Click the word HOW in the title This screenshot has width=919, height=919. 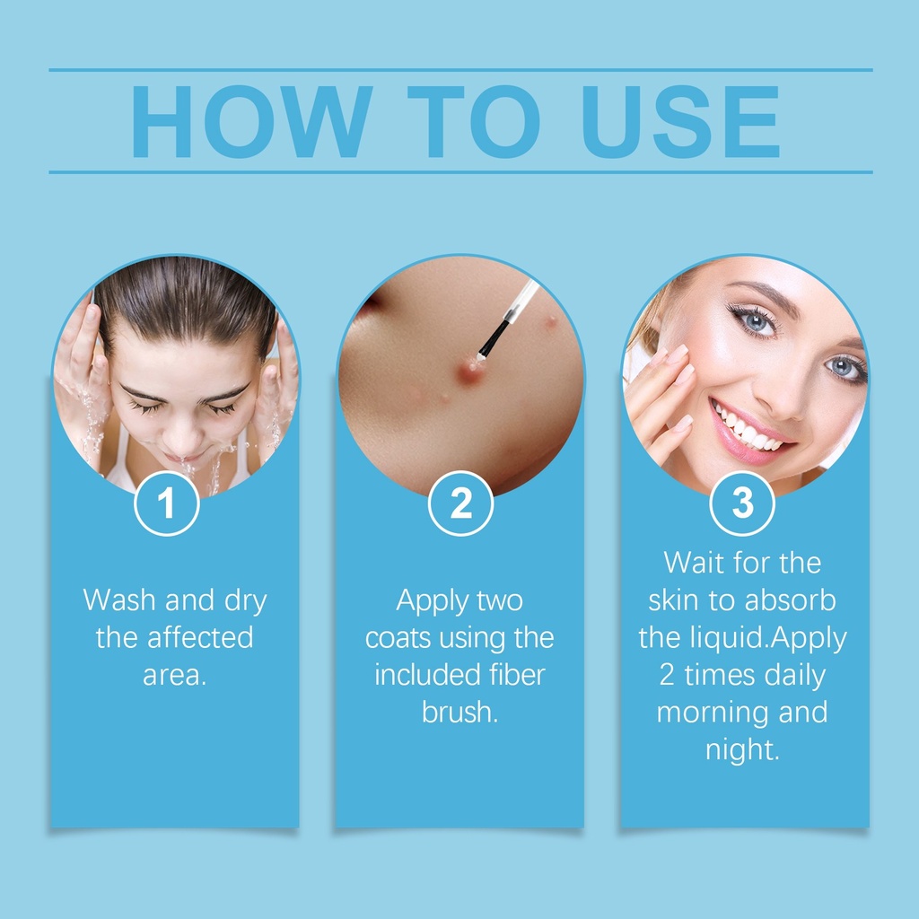252,122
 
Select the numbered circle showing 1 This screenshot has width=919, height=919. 167,503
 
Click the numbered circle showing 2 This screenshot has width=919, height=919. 460,503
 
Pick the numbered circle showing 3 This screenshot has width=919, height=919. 742,503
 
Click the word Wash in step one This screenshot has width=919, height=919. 119,600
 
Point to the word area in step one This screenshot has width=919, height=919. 175,676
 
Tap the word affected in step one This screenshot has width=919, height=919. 200,638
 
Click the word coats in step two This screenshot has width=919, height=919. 398,638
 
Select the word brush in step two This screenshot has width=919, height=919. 459,712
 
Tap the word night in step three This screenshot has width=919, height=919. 742,751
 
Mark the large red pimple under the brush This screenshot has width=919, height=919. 470,372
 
